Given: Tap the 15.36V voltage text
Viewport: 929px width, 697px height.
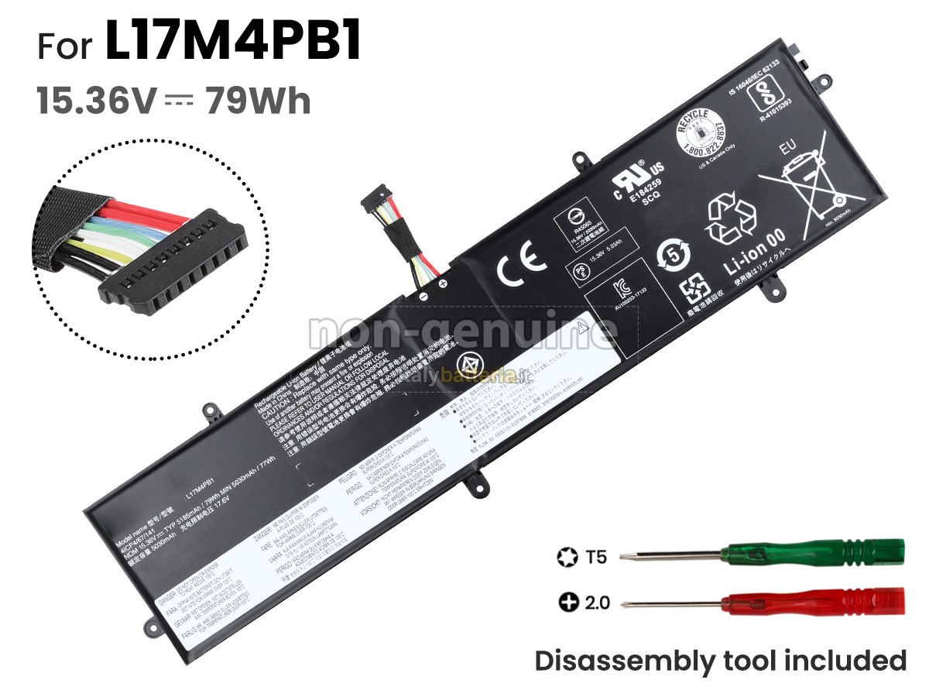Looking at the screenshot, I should click(96, 101).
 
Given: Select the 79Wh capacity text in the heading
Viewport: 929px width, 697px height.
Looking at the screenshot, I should click(258, 101).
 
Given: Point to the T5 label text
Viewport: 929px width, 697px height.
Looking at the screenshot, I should click(596, 555).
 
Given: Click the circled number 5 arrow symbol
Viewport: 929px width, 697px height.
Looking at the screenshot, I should click(670, 255).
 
